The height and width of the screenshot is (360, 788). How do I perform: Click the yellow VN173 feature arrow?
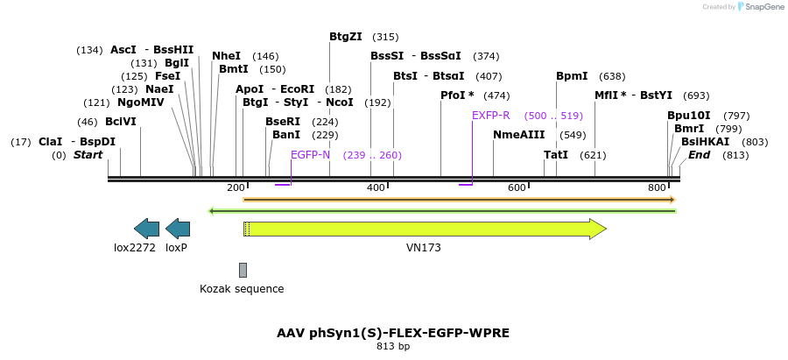[424, 229]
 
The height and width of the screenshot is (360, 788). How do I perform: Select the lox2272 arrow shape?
[146, 229]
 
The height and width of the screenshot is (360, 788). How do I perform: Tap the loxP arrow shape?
[178, 229]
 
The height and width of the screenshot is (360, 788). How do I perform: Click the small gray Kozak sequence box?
[243, 270]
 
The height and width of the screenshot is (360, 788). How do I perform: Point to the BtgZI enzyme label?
[346, 37]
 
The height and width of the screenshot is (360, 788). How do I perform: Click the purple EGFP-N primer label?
[310, 155]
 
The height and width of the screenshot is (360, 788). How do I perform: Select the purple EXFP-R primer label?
[490, 116]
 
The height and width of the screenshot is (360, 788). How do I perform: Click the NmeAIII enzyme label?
[518, 135]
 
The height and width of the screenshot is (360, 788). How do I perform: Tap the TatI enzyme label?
[556, 155]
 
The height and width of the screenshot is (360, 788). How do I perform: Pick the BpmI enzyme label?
[572, 76]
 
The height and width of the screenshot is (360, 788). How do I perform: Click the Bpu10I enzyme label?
[689, 116]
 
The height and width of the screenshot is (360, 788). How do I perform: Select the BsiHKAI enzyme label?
[705, 142]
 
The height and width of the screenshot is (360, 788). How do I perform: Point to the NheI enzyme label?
[226, 56]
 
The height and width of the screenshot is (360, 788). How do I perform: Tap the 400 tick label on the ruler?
[376, 187]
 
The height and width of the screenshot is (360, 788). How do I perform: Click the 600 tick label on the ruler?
[517, 187]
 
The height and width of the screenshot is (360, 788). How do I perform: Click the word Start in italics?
[88, 155]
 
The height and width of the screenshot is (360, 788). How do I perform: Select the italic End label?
[699, 155]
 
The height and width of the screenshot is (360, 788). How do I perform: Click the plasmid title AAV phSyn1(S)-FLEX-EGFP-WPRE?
[393, 333]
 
